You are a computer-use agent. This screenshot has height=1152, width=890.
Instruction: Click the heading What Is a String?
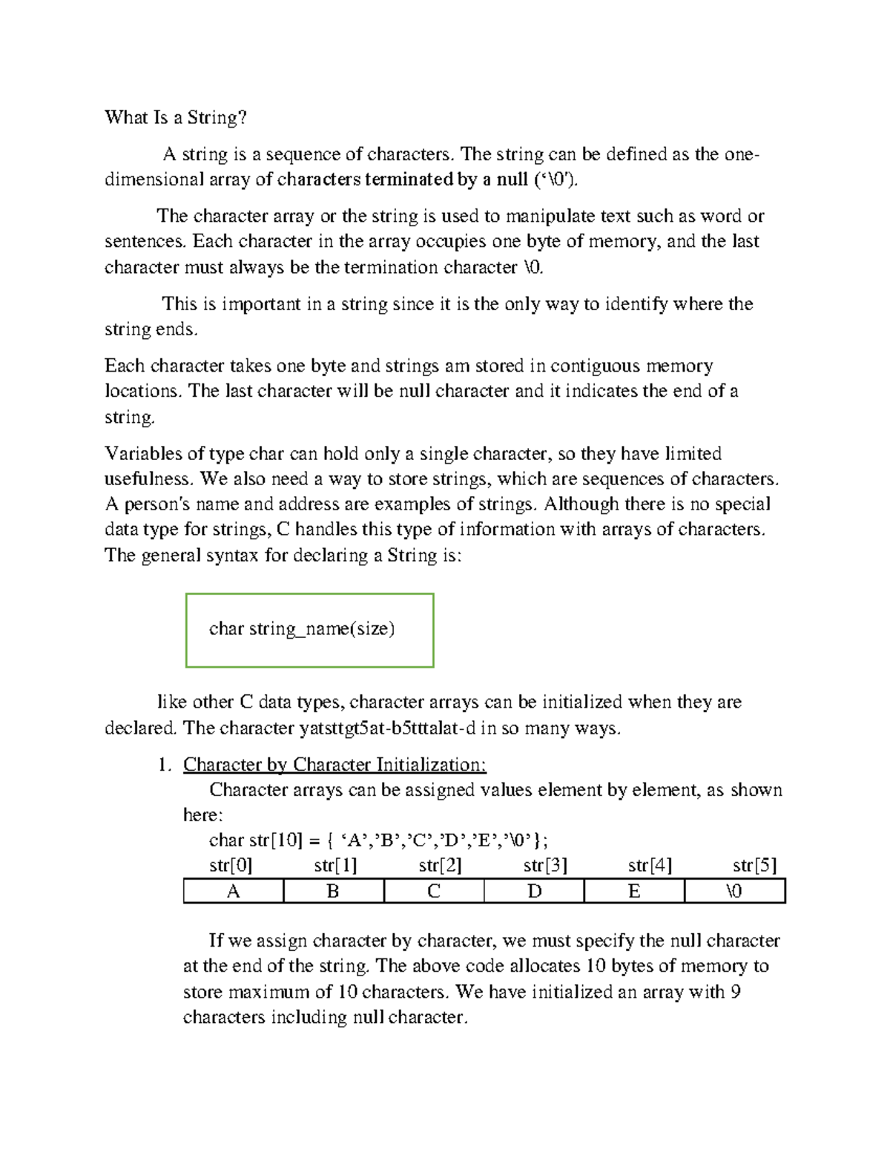pos(176,117)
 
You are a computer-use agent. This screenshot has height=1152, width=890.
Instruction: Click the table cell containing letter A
pos(233,891)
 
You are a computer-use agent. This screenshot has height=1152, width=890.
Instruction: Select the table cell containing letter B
pos(333,891)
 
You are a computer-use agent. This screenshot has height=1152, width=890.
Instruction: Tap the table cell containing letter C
pos(434,891)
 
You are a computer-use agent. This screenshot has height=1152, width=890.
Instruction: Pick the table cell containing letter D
pos(534,891)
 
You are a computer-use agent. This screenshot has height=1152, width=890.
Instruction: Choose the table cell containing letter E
pos(634,891)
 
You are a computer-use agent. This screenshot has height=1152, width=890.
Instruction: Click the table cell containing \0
pos(734,891)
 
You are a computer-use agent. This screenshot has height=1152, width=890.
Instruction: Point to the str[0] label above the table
pos(231,865)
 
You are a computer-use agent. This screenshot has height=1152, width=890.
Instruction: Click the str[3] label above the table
pos(545,865)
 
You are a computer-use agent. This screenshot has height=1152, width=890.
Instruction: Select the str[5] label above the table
pos(754,865)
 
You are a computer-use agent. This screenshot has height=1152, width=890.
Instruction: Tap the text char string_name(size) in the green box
pos(302,629)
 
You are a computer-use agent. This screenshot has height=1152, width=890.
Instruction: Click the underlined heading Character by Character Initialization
pos(334,764)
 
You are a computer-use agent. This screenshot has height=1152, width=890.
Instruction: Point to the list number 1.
pos(164,765)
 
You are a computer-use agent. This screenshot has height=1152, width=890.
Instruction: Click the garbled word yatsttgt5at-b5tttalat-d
pos(387,728)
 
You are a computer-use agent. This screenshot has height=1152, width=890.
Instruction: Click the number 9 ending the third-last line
pos(735,992)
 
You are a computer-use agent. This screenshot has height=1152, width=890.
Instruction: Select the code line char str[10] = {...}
pos(379,840)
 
